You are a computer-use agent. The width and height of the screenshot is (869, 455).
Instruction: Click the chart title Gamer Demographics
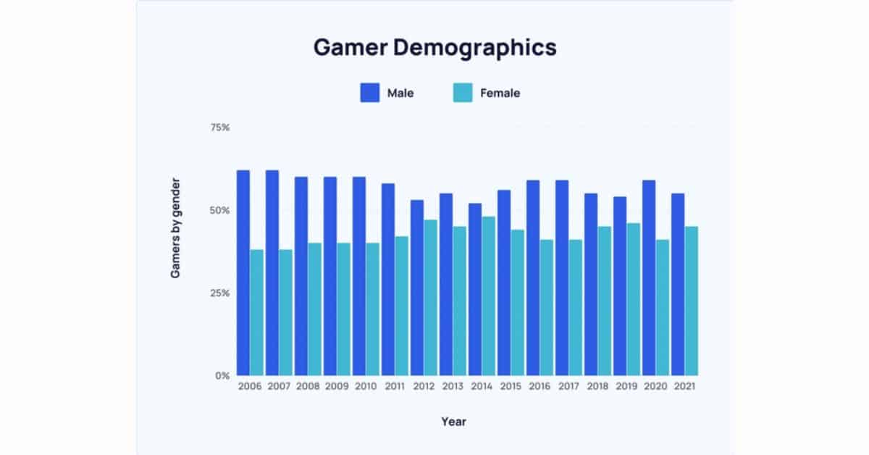(434, 47)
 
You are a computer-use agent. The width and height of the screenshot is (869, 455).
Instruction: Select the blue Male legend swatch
(369, 93)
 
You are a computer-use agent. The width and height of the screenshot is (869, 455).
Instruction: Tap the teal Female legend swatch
(462, 93)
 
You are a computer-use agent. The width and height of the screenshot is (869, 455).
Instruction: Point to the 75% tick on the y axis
(219, 128)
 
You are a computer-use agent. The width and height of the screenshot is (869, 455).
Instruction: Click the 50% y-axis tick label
(219, 210)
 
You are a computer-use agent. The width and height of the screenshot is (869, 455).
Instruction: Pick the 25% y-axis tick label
(219, 293)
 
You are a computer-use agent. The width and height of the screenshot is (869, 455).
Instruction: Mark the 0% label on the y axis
(222, 375)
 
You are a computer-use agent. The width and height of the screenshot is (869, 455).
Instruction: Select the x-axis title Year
(453, 421)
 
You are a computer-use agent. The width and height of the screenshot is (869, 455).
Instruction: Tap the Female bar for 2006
(257, 312)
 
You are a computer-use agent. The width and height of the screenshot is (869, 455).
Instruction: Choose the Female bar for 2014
(489, 296)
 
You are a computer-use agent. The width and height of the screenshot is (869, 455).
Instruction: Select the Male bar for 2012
(417, 288)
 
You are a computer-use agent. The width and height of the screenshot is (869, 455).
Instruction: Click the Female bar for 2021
(692, 301)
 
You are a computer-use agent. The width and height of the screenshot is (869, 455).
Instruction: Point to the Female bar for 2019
(634, 299)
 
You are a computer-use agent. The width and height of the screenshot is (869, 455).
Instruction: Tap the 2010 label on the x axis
(366, 387)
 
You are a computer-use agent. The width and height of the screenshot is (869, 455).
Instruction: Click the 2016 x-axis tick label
(540, 387)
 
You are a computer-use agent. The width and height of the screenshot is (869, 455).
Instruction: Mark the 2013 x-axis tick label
(453, 387)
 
